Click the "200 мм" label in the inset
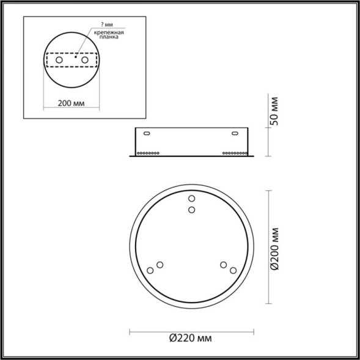[x=70, y=103]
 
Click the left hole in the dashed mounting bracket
[x=59, y=61]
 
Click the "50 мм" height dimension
[x=275, y=111]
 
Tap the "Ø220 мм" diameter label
[x=191, y=337]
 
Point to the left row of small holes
[x=149, y=152]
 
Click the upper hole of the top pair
[x=191, y=199]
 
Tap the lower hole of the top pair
[x=191, y=210]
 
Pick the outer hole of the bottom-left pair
[x=150, y=270]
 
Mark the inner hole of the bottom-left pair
[x=160, y=265]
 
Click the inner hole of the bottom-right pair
[x=224, y=265]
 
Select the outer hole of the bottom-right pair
[x=233, y=270]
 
